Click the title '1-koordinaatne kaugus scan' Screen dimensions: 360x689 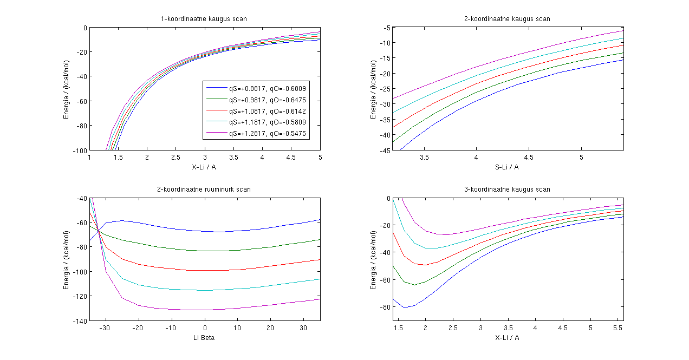point(204,19)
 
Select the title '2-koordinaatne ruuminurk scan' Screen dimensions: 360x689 point(204,189)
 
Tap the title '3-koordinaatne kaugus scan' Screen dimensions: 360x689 point(508,189)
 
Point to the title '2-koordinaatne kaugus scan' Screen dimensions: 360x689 point(508,19)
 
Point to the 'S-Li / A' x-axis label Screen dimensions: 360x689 point(508,167)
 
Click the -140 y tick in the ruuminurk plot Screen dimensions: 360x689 point(81,321)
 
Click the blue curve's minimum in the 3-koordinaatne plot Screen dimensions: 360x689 point(404,307)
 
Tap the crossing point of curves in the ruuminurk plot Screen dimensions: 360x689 point(99,231)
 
